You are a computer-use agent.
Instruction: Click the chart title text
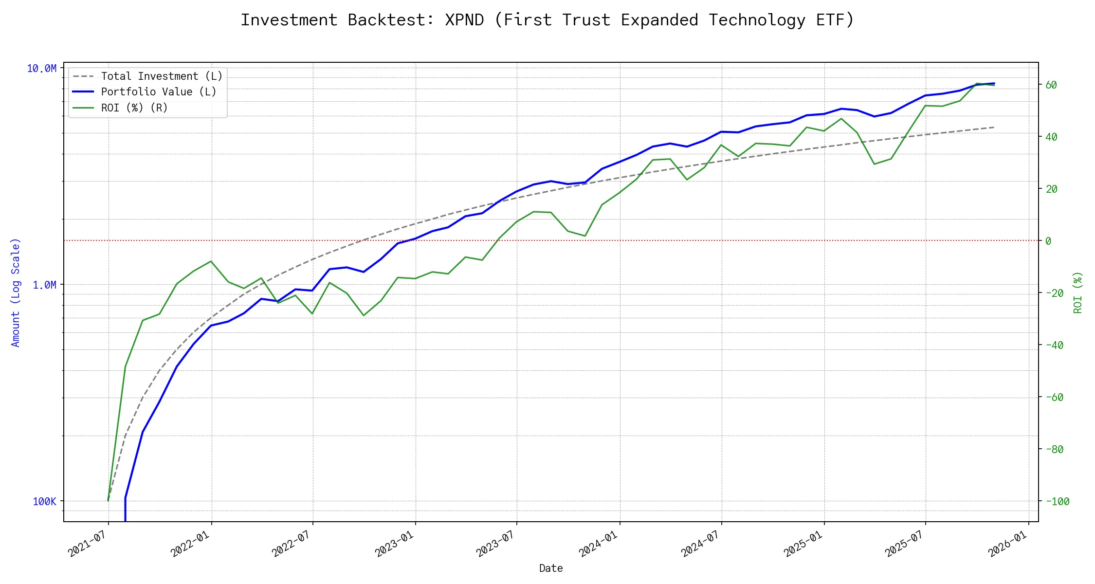(547, 20)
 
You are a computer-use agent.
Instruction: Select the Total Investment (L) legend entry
(161, 76)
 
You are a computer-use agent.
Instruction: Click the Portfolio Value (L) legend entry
(158, 92)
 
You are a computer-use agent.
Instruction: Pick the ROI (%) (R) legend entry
(134, 108)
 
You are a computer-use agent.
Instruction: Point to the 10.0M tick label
(41, 69)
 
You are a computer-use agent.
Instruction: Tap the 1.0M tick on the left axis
(44, 285)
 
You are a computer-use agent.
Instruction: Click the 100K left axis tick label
(44, 501)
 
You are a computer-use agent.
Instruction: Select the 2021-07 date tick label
(88, 544)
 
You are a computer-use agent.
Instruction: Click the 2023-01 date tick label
(395, 544)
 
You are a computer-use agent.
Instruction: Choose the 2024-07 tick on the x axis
(701, 544)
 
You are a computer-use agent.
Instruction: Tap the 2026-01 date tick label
(1008, 544)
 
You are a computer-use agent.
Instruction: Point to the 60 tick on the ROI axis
(1051, 85)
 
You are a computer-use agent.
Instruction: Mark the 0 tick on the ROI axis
(1048, 241)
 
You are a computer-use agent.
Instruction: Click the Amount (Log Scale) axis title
(16, 292)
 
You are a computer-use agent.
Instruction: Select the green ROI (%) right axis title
(1077, 292)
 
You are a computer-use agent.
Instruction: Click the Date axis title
(551, 568)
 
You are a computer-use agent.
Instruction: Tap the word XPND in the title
(464, 20)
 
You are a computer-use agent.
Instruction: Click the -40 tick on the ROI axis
(1054, 346)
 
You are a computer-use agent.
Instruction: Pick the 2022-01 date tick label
(190, 544)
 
